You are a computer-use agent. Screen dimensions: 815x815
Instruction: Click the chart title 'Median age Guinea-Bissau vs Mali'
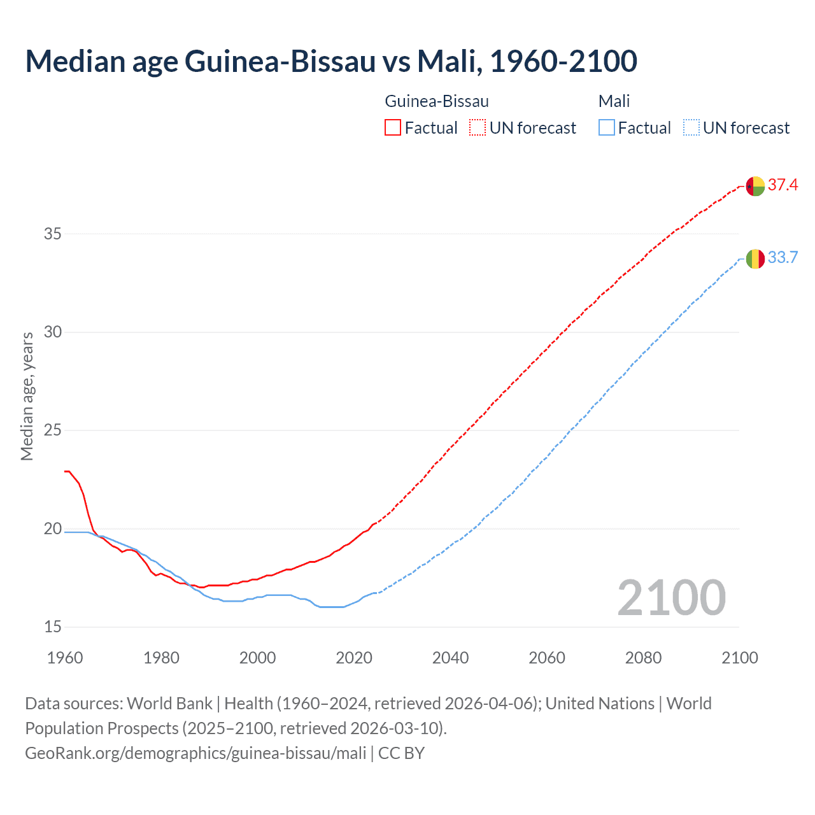coord(331,61)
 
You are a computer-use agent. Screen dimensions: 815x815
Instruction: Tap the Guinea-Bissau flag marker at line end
coord(755,186)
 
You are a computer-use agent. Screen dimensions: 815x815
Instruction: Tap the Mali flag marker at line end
coord(755,259)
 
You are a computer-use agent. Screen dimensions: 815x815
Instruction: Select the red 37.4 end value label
coord(783,185)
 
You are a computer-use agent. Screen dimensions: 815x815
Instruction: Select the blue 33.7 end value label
coord(783,257)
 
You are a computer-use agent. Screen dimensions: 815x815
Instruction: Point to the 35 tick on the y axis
coord(53,234)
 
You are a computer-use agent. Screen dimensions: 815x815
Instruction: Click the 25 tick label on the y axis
coord(53,430)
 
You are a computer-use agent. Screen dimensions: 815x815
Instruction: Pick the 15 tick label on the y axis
coord(53,627)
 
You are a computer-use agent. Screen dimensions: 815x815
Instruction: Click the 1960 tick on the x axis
coord(65,658)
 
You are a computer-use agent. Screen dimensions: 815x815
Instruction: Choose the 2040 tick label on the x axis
coord(450,658)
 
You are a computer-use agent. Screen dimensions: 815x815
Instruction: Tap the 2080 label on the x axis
coord(643,658)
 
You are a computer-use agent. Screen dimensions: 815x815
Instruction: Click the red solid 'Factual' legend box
coord(393,128)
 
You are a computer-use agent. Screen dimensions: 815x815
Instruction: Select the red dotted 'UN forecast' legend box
coord(478,128)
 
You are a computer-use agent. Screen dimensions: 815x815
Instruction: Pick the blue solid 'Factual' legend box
coord(606,128)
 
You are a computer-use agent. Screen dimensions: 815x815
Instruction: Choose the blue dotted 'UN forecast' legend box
coord(691,128)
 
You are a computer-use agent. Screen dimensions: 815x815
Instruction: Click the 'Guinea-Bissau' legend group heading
coord(437,101)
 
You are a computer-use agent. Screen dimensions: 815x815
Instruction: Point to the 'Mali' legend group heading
coord(614,101)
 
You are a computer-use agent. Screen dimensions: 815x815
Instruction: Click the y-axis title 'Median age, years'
coord(27,396)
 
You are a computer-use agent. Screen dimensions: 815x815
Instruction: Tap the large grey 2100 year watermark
coord(671,597)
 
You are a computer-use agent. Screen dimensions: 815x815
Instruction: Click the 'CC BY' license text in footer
coord(401,753)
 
